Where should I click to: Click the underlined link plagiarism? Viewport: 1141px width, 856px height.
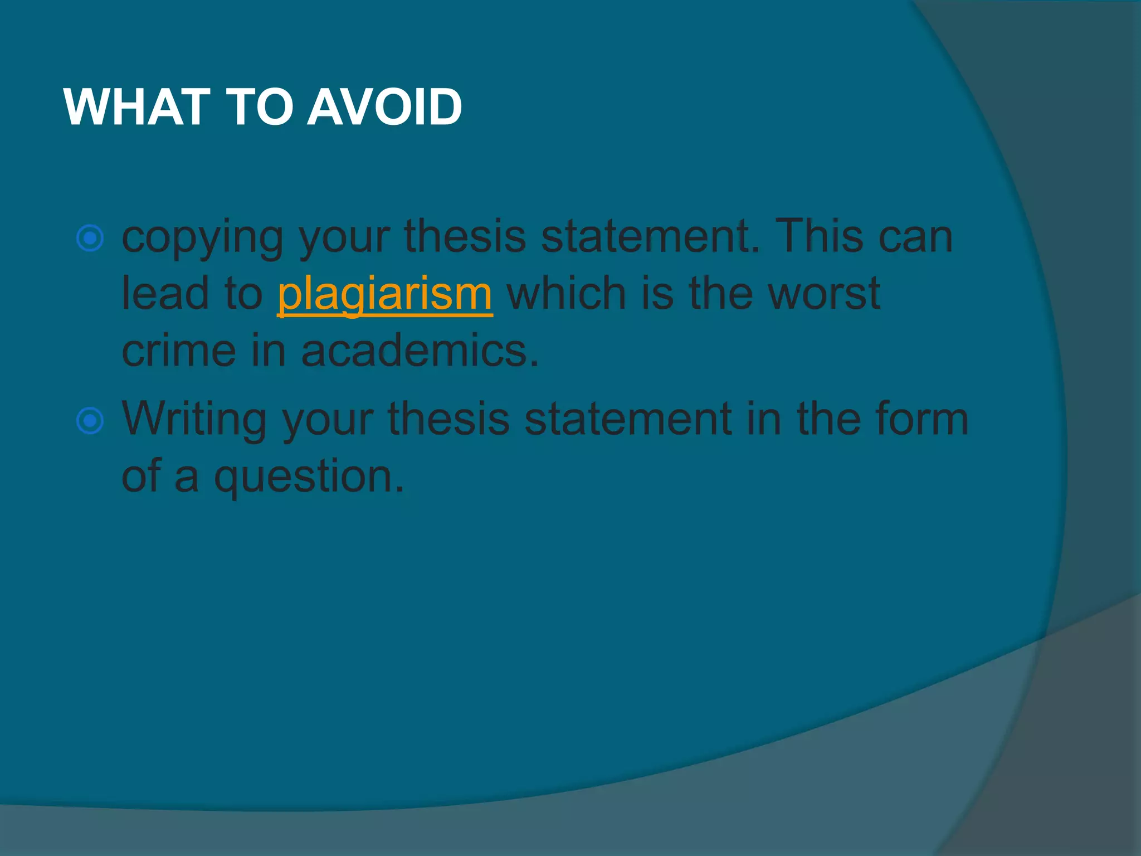click(385, 294)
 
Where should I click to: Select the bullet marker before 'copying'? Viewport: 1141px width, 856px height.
click(90, 239)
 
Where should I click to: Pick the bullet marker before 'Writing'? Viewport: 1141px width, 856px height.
click(90, 421)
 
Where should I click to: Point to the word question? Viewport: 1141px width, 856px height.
click(309, 478)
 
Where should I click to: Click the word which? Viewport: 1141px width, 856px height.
click(567, 294)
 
